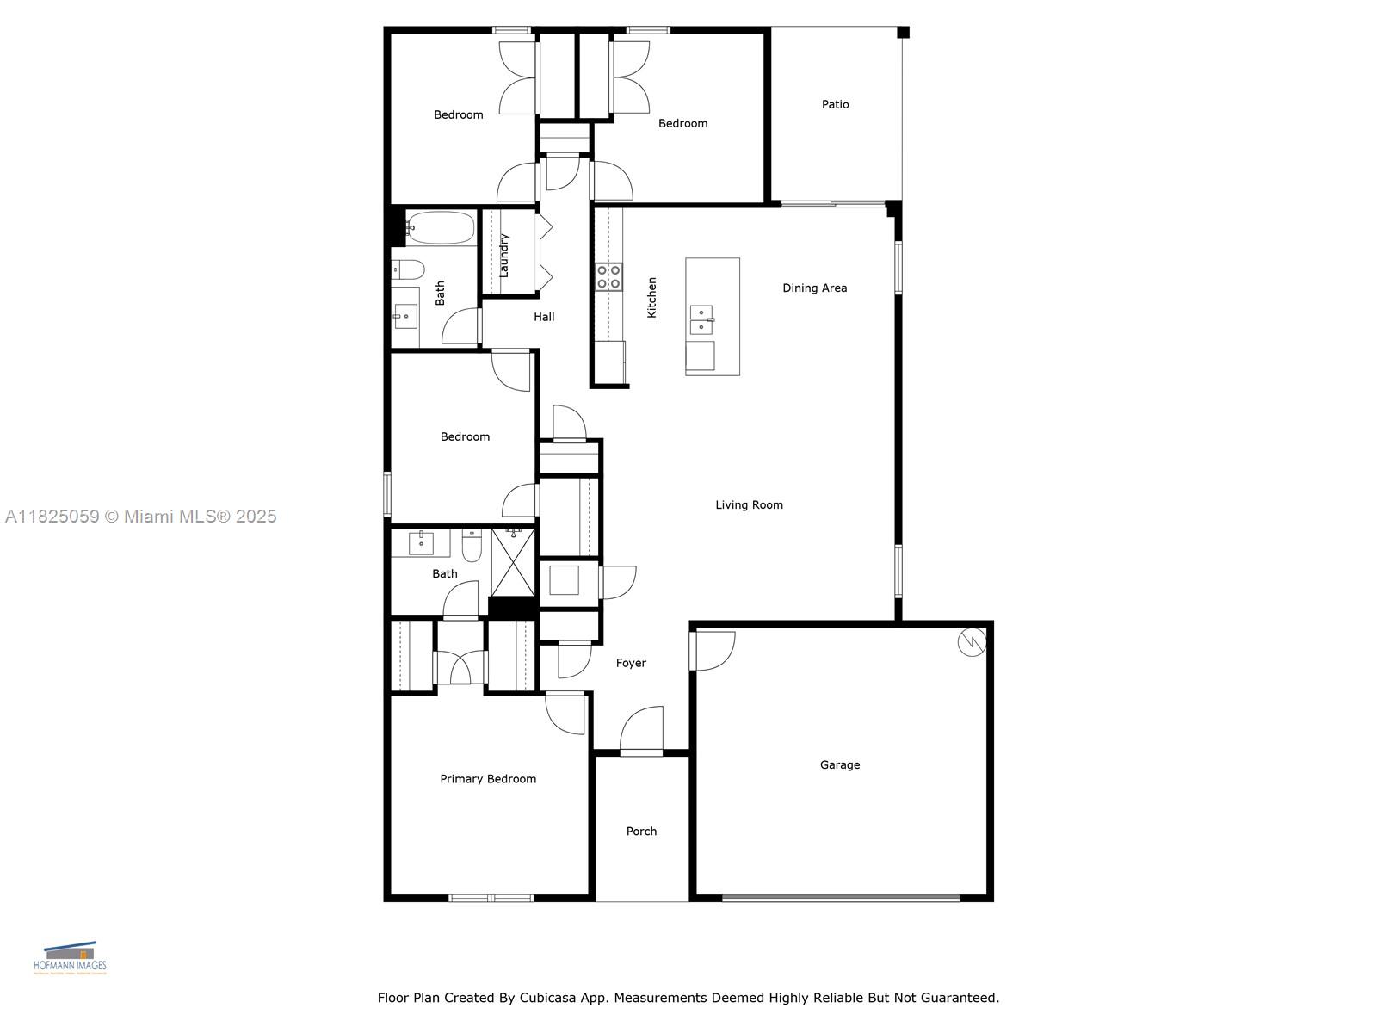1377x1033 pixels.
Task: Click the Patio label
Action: coord(835,104)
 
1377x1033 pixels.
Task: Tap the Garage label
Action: coord(839,764)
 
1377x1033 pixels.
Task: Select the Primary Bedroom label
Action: coord(488,779)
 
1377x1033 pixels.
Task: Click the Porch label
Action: coord(641,831)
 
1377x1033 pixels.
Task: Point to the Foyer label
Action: coord(631,663)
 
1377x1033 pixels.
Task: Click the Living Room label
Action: coord(749,505)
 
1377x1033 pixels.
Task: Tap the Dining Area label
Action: coord(814,288)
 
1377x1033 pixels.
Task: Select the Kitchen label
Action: coord(651,297)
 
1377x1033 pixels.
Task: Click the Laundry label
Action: coord(504,255)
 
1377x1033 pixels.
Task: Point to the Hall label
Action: coord(544,317)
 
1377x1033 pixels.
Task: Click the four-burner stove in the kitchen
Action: coord(609,276)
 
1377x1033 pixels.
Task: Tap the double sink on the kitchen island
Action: coord(701,319)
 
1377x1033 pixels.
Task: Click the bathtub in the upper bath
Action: coord(440,228)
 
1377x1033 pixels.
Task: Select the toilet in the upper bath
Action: coord(408,270)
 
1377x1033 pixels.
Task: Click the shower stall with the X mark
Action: coord(513,562)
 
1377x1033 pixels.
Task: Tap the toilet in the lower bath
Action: coord(472,545)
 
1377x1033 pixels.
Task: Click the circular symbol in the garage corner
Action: coord(973,642)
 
